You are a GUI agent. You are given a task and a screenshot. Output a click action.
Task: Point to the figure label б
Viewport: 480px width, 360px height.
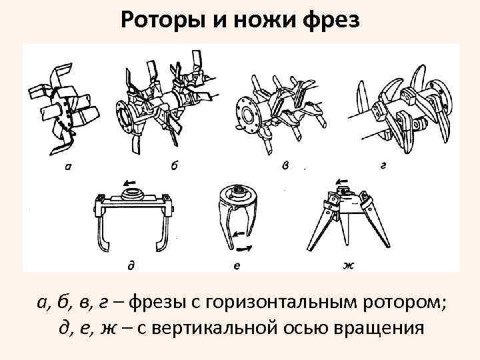[x=174, y=165]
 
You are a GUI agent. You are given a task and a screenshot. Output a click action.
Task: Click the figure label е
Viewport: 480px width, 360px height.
[x=238, y=265]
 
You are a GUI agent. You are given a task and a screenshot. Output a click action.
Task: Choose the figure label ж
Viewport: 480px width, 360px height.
[x=348, y=265]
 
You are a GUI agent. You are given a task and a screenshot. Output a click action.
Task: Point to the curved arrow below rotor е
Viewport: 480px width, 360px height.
[x=245, y=247]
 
